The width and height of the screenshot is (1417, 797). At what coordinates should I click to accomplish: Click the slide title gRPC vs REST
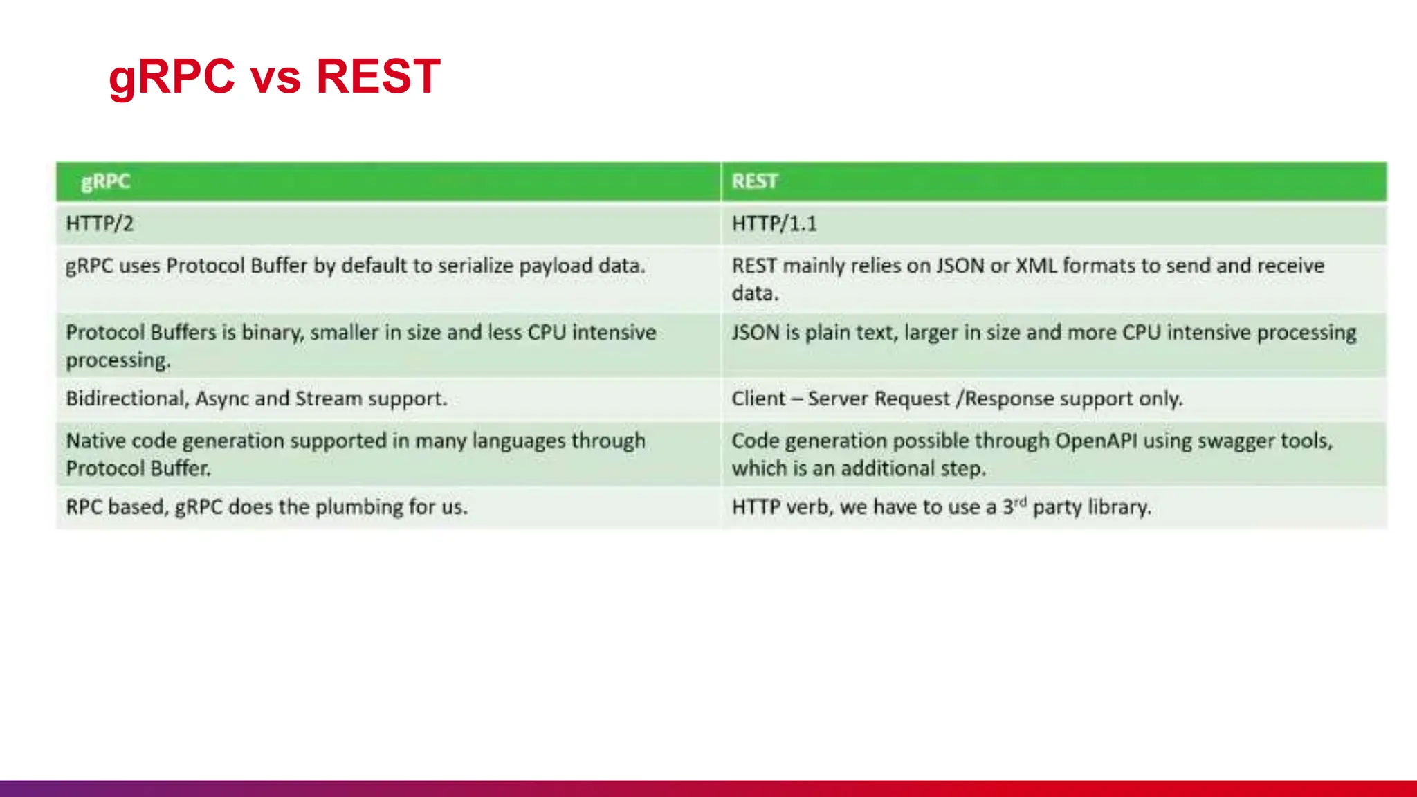click(x=274, y=76)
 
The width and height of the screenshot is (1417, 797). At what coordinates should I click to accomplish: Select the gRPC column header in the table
click(x=105, y=182)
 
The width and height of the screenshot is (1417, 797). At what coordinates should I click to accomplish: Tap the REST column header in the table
click(x=754, y=182)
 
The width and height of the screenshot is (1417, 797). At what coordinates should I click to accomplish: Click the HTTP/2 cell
click(x=100, y=224)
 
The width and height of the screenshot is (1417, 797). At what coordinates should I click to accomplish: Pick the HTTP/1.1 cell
click(x=774, y=224)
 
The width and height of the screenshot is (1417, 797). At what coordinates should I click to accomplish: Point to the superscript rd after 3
click(x=1020, y=502)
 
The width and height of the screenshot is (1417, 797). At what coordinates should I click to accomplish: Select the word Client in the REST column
click(x=758, y=399)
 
